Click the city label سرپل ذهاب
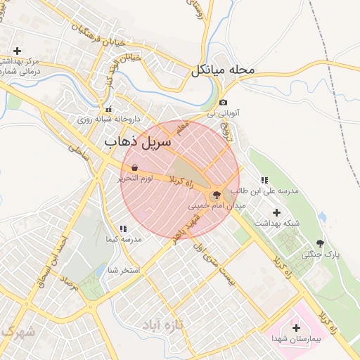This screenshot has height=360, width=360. (x=138, y=141)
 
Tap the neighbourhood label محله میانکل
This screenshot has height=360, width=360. (x=221, y=70)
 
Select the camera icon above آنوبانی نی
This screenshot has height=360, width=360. (x=224, y=103)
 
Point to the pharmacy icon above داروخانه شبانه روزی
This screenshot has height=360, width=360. (x=108, y=110)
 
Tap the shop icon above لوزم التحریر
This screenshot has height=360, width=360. (x=134, y=168)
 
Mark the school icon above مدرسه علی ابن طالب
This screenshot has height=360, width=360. (x=264, y=181)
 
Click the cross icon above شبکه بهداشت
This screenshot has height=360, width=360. (x=276, y=212)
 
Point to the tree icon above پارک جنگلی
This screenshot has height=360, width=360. (x=321, y=243)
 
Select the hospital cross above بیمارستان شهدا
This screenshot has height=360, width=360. (x=295, y=328)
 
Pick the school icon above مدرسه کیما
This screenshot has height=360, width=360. (x=123, y=229)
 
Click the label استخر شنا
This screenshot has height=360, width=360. (x=124, y=269)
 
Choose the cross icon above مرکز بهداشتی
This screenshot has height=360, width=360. (x=17, y=51)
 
